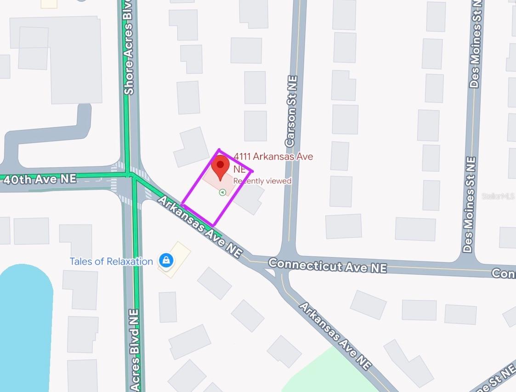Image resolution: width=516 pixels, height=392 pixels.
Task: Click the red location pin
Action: pos(221,166)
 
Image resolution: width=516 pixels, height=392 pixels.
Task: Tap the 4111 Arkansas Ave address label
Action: pos(273,157)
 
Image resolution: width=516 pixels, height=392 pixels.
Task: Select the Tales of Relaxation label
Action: pos(111,261)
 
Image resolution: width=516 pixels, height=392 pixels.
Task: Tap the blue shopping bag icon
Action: pos(166,261)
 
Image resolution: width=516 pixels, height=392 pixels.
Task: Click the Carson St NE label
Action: pos(291,112)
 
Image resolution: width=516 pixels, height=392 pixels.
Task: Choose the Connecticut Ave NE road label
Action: pos(327,266)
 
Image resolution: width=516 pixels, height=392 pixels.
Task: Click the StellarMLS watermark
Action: pos(498,196)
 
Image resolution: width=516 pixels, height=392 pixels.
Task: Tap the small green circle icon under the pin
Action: pos(223,193)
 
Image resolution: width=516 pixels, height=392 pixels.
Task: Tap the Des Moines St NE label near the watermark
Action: pos(469,205)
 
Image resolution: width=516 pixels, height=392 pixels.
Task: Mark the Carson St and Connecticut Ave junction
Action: pos(288,257)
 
